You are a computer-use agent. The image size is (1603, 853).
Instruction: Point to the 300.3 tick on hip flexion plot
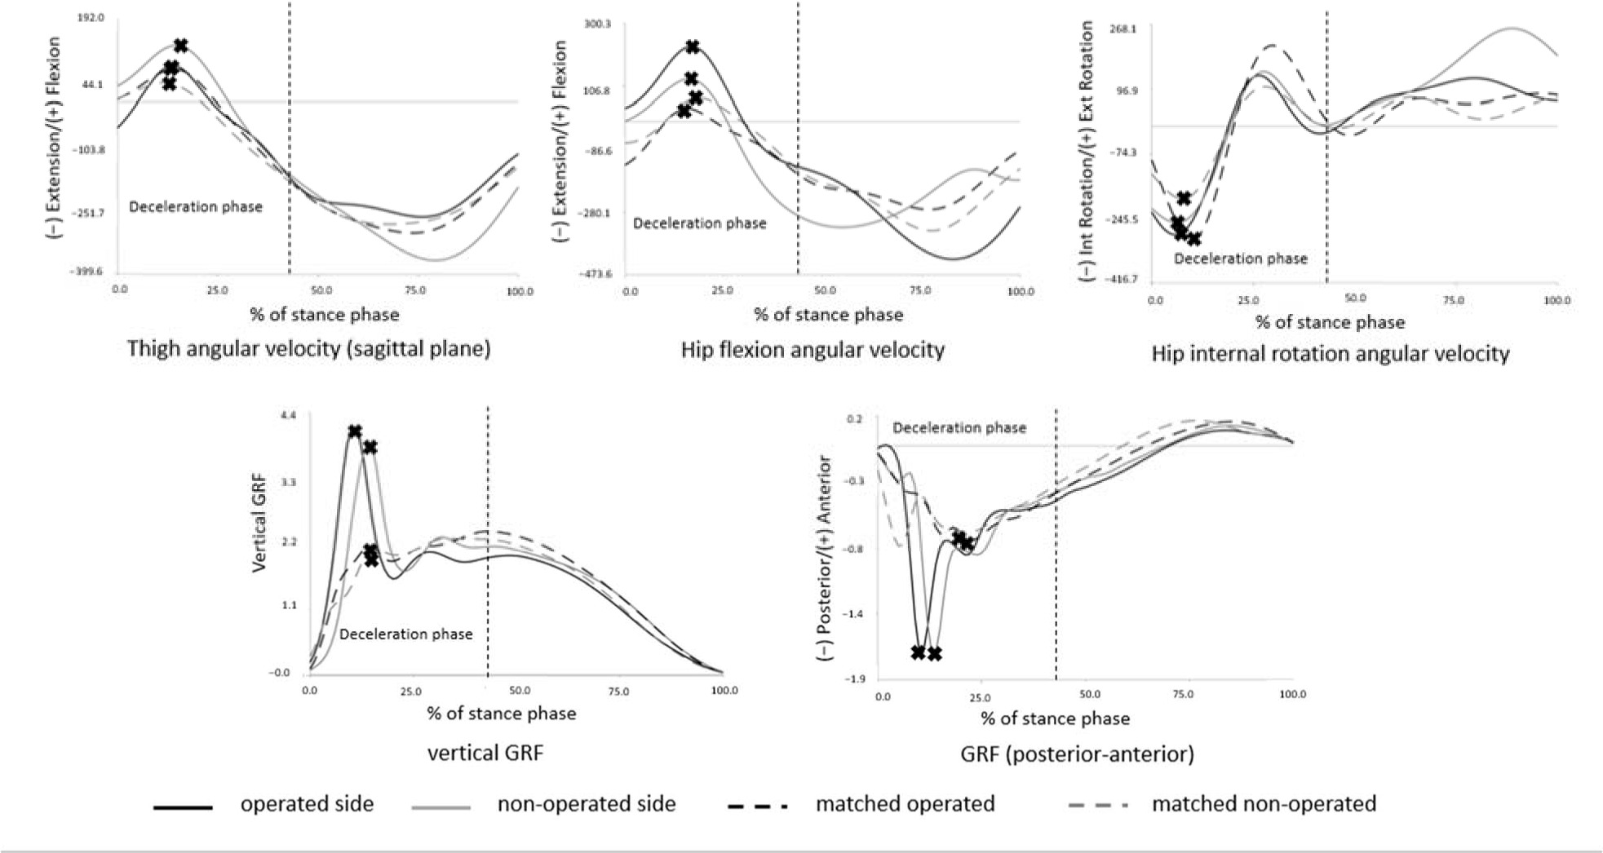597,24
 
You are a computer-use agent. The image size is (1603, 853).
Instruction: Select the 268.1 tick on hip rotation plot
1123,29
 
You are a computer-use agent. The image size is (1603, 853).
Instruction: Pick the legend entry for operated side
306,804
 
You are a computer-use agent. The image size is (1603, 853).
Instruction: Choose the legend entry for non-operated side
586,804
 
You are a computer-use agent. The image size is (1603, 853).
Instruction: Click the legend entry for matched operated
905,804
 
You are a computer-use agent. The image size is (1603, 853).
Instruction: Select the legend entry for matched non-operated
1263,804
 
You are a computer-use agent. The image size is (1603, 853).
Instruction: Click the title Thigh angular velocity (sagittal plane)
308,349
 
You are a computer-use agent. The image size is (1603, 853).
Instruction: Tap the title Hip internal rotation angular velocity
1330,354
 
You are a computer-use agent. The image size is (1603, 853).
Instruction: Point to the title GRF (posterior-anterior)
1077,754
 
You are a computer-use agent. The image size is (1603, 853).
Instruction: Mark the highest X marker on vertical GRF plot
354,431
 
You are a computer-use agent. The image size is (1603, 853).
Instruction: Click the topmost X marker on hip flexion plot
692,47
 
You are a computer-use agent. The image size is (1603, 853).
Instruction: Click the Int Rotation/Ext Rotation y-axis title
1087,152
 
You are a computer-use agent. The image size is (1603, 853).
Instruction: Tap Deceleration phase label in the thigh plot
196,207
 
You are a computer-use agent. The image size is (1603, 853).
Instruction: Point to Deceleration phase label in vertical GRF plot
405,634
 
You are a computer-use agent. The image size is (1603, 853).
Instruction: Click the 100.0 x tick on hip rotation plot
1557,301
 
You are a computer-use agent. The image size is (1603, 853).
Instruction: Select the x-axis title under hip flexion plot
828,315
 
